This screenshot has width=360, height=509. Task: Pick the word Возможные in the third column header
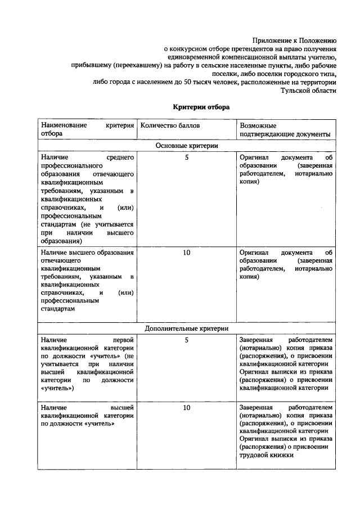pyautogui.click(x=258, y=125)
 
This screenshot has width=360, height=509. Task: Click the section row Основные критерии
pyautogui.click(x=187, y=145)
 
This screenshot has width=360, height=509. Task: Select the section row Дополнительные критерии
pyautogui.click(x=187, y=328)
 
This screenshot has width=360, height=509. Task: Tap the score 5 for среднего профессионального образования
pyautogui.click(x=187, y=158)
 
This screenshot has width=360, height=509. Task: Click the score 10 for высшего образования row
pyautogui.click(x=187, y=253)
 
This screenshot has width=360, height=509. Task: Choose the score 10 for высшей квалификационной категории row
pyautogui.click(x=187, y=407)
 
